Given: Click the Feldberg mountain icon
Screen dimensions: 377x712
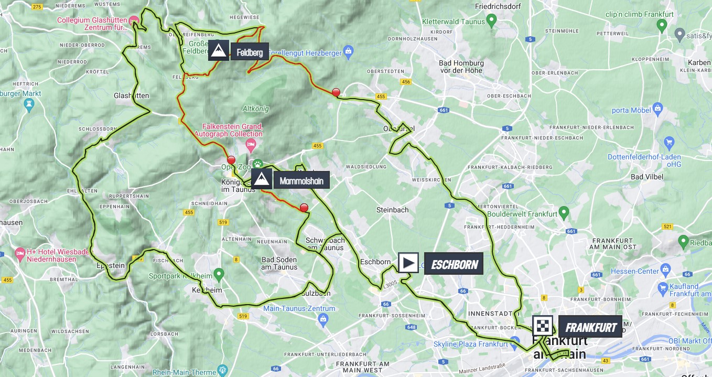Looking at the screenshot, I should pyautogui.click(x=219, y=50).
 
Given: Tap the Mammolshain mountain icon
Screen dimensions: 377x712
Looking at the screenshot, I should pyautogui.click(x=262, y=179).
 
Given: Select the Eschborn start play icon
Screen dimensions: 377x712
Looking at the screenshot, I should pyautogui.click(x=408, y=263).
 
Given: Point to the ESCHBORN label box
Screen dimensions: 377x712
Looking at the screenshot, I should pyautogui.click(x=454, y=264).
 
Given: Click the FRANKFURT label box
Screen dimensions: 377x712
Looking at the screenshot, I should pyautogui.click(x=590, y=327).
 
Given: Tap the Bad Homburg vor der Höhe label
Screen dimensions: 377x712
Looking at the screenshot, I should pyautogui.click(x=461, y=67).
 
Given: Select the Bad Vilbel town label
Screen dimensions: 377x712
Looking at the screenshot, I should pyautogui.click(x=644, y=177).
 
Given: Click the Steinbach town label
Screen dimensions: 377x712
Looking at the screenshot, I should pyautogui.click(x=392, y=210).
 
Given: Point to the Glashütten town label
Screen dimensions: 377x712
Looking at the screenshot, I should pyautogui.click(x=132, y=96).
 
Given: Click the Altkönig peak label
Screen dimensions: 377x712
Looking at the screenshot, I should pyautogui.click(x=255, y=109).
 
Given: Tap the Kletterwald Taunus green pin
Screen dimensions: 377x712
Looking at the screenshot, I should pyautogui.click(x=491, y=20).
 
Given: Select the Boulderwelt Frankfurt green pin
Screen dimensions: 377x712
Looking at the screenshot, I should pyautogui.click(x=564, y=212).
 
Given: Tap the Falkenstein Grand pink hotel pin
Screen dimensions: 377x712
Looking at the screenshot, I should pyautogui.click(x=251, y=143).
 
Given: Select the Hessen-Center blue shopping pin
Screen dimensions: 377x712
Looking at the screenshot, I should pyautogui.click(x=666, y=271).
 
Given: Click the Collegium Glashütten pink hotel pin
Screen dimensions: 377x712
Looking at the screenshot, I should pyautogui.click(x=134, y=19).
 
